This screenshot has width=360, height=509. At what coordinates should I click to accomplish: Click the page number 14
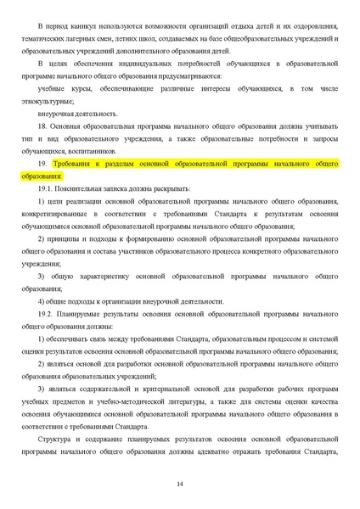pyautogui.click(x=180, y=484)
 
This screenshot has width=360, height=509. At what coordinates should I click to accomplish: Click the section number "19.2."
pyautogui.click(x=49, y=314)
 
